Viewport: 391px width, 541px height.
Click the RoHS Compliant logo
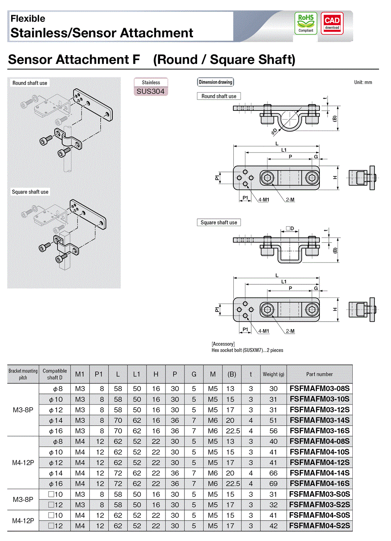[306, 23]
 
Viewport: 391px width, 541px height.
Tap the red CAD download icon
[332, 23]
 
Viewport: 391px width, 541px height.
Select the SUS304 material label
[151, 91]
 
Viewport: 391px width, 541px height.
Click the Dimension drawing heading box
[215, 82]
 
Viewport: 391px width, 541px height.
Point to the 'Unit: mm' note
[363, 82]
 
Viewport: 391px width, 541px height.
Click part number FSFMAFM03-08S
[319, 389]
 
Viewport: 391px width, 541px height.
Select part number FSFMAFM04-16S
[319, 484]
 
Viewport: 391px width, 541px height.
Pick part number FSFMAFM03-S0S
[319, 494]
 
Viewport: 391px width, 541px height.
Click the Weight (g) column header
[273, 375]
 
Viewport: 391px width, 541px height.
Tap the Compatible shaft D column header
[55, 374]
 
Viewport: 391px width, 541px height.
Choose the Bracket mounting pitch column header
[23, 374]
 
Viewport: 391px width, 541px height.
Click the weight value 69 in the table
[273, 484]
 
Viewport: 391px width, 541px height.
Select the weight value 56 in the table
[273, 431]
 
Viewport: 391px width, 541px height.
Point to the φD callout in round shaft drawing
[274, 131]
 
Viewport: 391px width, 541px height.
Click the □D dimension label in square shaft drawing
[290, 228]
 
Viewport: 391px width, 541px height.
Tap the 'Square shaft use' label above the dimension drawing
[219, 222]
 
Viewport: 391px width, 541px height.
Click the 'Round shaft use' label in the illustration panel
[30, 83]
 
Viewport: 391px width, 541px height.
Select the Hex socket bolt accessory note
[247, 350]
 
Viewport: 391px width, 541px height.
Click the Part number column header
[319, 375]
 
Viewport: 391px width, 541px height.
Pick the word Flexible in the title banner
[28, 19]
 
